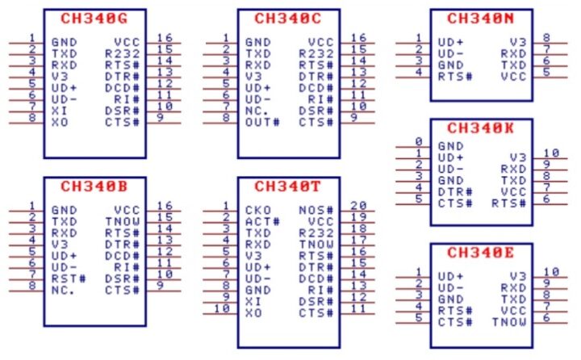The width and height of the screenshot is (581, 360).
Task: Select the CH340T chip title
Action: click(287, 185)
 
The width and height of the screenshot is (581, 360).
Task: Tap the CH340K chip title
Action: click(481, 128)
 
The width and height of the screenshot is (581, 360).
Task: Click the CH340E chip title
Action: click(481, 253)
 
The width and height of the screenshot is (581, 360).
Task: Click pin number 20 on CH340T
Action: click(358, 204)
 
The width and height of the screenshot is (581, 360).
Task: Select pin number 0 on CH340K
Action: click(419, 141)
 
